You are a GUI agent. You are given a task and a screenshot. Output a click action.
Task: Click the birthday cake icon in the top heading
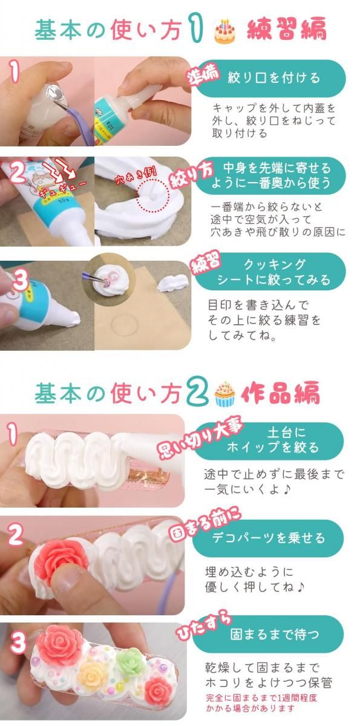click(x=225, y=31)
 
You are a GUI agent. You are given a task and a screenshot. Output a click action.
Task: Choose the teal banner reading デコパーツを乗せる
click(x=268, y=538)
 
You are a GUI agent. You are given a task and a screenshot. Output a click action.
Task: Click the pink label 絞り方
click(x=192, y=175)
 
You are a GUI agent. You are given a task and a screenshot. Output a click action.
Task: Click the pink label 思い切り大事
click(x=201, y=440)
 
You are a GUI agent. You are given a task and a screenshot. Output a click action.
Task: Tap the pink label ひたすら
click(x=204, y=624)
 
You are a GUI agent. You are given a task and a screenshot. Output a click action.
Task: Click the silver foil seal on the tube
click(x=54, y=93)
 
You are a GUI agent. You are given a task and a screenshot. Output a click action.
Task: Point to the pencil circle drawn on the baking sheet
click(x=123, y=324)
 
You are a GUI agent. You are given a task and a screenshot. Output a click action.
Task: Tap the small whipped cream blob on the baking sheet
click(x=172, y=281)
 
